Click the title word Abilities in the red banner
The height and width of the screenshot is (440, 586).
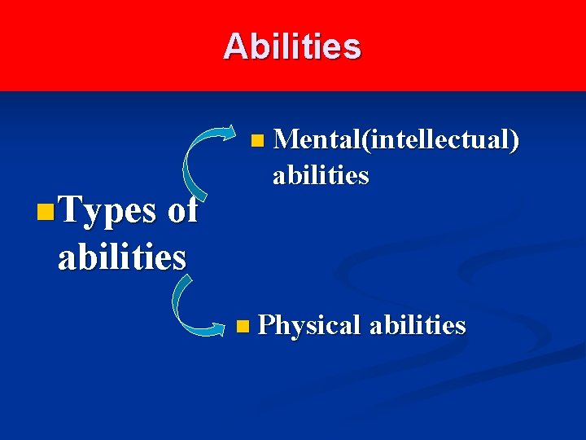292,46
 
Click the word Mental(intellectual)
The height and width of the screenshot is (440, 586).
396,141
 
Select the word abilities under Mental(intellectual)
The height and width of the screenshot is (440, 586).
321,175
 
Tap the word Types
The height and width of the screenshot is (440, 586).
107,211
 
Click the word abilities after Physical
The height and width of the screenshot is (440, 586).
418,326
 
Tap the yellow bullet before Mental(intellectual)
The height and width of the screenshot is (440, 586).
257,142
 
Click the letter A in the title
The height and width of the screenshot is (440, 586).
234,46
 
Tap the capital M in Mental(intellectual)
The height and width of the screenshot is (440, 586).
286,140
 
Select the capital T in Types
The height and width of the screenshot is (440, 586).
72,210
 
